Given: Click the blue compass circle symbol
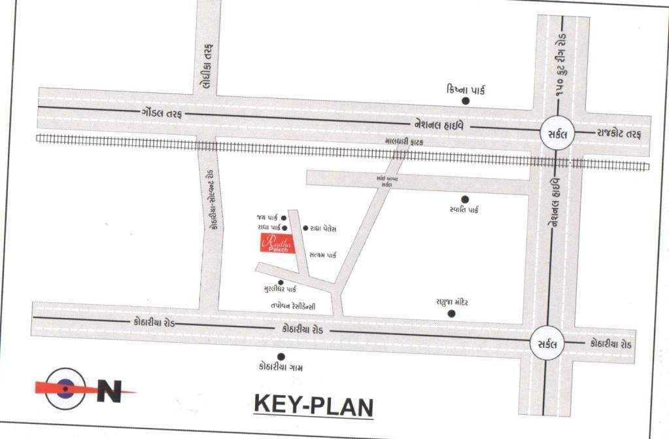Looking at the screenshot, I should click(65, 389).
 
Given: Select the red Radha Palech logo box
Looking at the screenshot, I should click(278, 243).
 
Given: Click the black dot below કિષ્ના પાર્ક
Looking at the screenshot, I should click(466, 101).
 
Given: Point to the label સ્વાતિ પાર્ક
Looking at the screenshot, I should click(465, 211).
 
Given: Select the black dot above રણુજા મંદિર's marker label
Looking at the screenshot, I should click(451, 313).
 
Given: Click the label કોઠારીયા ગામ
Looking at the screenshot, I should click(281, 368).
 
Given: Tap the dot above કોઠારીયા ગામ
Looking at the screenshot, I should click(281, 357).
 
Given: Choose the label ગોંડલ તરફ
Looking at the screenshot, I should click(161, 113).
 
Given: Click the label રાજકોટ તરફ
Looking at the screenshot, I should click(618, 133).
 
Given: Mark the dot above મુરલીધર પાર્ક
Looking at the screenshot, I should click(281, 283).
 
